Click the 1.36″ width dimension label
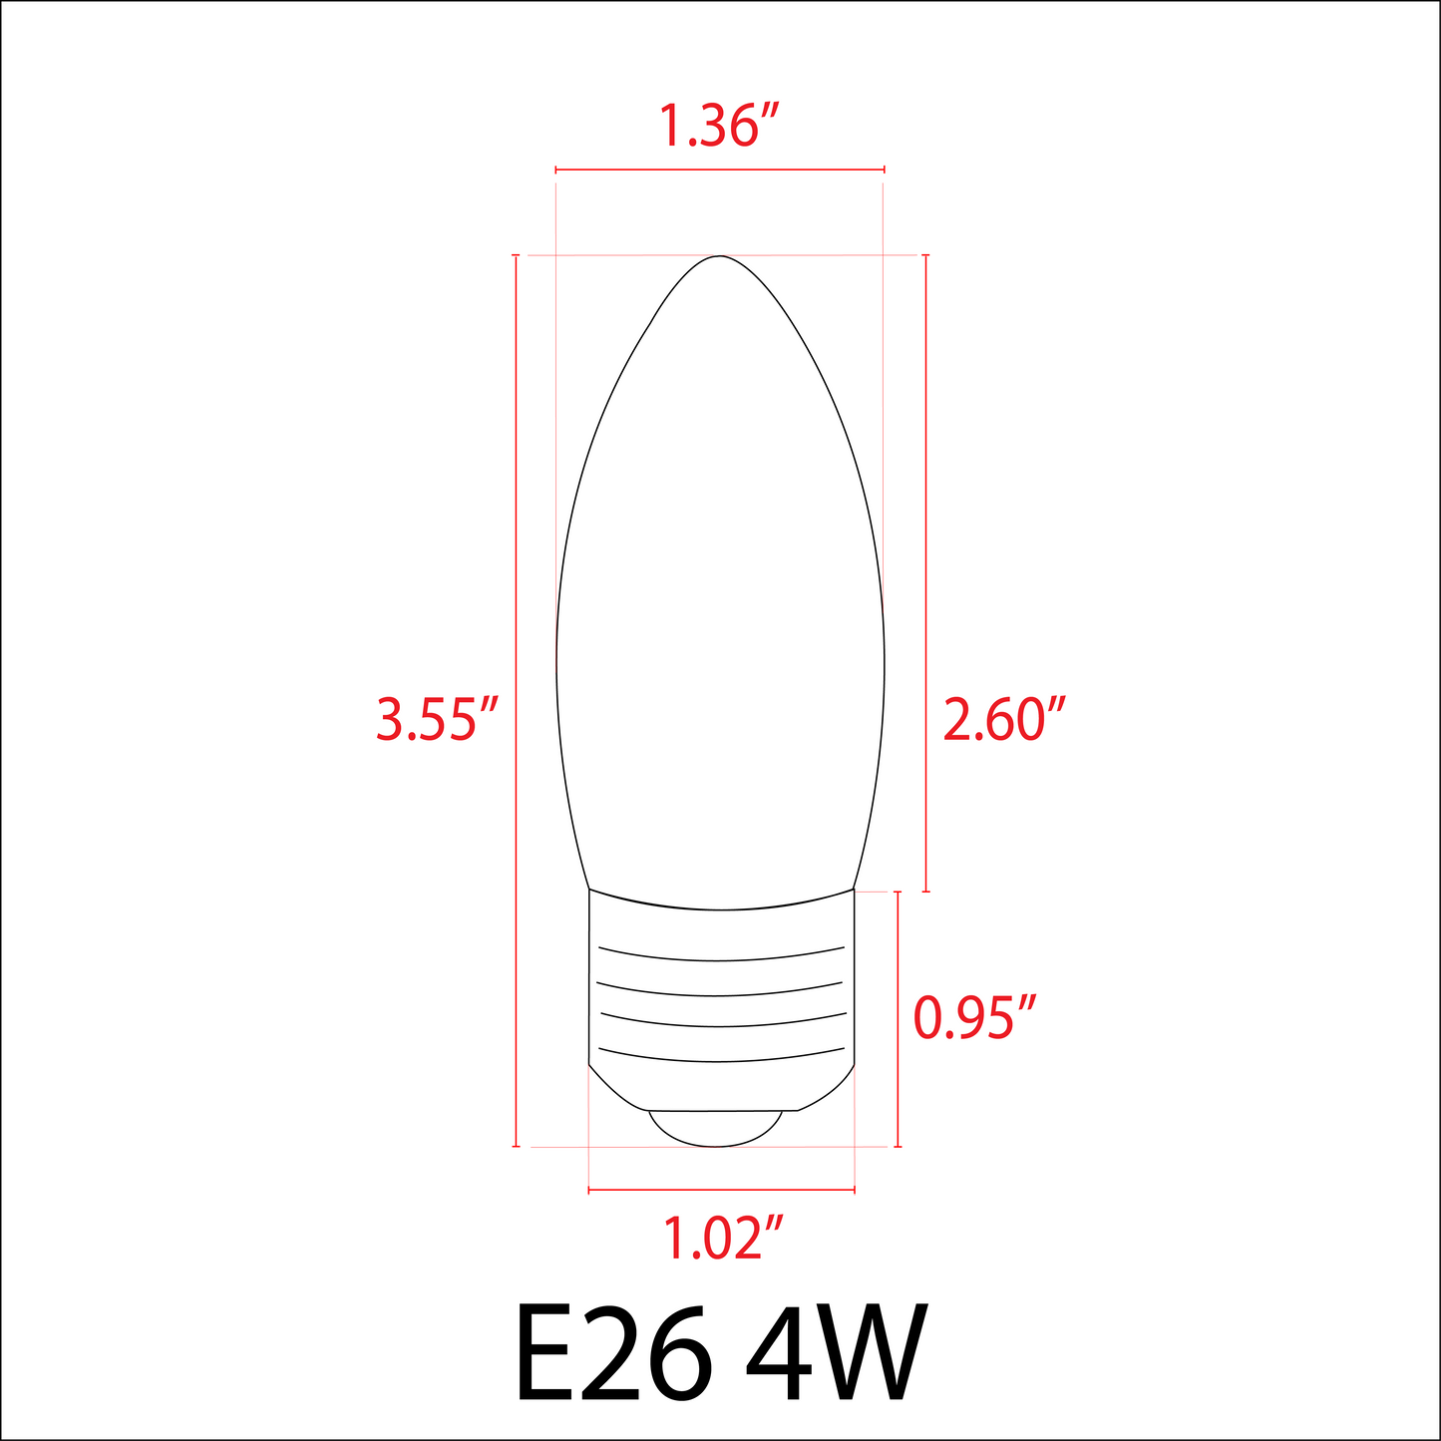[x=719, y=127]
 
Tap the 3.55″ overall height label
[x=437, y=719]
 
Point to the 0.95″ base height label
[x=976, y=1018]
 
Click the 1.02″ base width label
[x=722, y=1238]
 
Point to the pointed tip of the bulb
[x=720, y=258]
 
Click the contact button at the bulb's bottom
[x=715, y=1128]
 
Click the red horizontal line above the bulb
[x=719, y=171]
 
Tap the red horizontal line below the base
[x=722, y=1190]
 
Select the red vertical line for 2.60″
[x=926, y=573]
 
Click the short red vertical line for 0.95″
[x=899, y=1018]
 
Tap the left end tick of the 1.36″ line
[x=555, y=171]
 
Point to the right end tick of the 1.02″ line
[x=855, y=1190]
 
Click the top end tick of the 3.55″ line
[x=516, y=256]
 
